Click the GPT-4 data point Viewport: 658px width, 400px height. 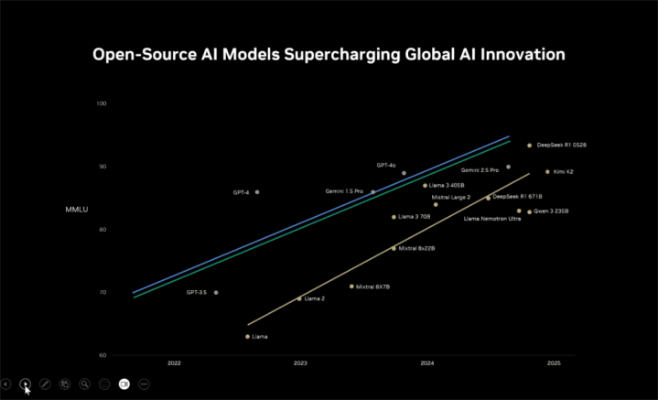(257, 192)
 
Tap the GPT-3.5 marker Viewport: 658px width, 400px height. (216, 293)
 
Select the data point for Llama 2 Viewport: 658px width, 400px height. (299, 298)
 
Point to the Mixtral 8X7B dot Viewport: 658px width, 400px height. (351, 286)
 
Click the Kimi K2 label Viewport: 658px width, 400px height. (564, 172)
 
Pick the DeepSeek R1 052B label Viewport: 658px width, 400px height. (561, 145)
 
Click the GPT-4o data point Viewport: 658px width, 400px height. (404, 173)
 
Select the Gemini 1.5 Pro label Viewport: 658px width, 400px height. (344, 191)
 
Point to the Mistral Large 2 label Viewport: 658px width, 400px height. (450, 197)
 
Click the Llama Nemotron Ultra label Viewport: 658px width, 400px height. (492, 219)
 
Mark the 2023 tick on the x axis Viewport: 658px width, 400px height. (300, 363)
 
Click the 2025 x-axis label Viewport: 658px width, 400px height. (554, 363)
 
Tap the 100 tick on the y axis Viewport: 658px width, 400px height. (102, 103)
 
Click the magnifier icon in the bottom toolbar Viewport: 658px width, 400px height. (84, 384)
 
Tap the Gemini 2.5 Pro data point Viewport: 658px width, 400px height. (509, 168)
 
